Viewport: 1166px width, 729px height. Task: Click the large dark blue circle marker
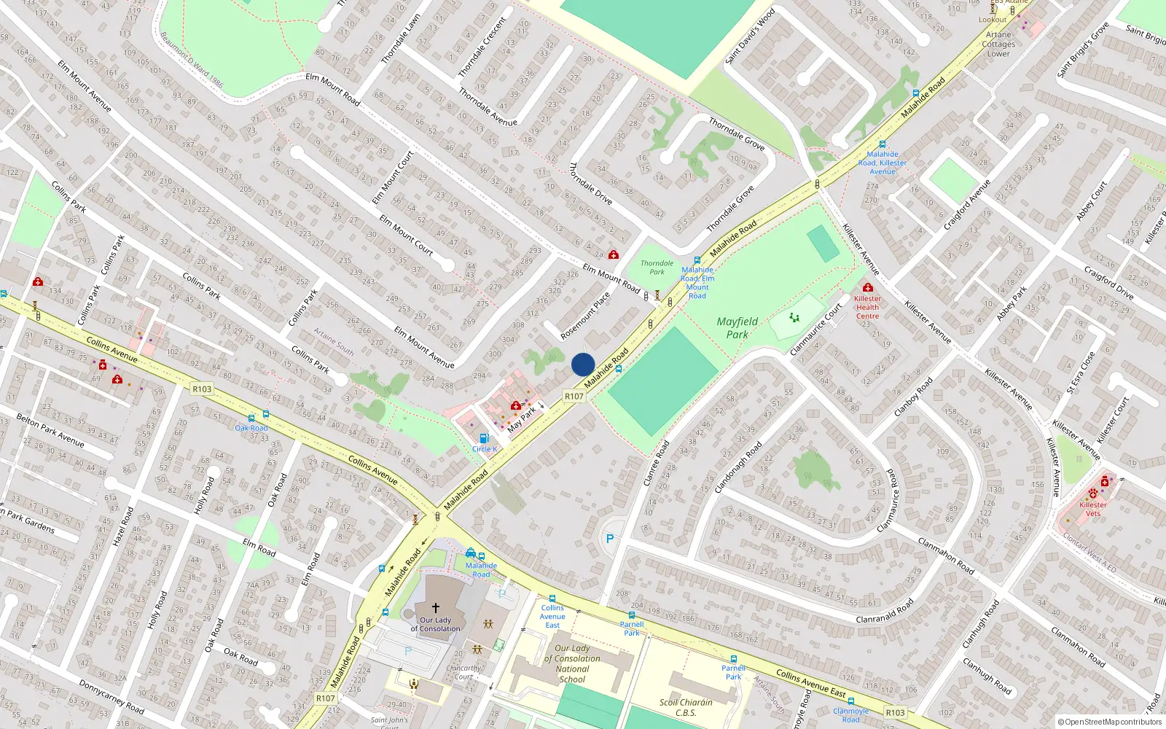(x=583, y=364)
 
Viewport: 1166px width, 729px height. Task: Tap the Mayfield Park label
(x=737, y=328)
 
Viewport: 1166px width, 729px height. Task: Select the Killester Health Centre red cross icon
(x=867, y=288)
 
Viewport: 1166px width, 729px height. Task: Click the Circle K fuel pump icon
(x=484, y=438)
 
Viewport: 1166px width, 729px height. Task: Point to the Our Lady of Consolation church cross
(x=436, y=608)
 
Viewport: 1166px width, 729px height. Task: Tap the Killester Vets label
(x=1092, y=509)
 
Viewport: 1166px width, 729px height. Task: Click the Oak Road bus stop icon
(x=251, y=418)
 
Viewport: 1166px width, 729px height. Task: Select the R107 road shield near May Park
(x=574, y=397)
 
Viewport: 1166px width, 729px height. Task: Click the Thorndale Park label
(x=657, y=268)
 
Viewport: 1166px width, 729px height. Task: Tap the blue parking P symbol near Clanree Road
(x=610, y=539)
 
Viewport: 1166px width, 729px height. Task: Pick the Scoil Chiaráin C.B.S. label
(x=686, y=708)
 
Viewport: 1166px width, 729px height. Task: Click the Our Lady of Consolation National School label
(x=573, y=663)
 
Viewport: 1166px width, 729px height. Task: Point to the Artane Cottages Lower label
(x=998, y=44)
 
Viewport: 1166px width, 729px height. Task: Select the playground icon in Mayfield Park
(x=794, y=318)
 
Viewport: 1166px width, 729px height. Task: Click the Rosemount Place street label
(x=585, y=316)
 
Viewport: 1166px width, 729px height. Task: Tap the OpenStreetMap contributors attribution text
(x=1110, y=722)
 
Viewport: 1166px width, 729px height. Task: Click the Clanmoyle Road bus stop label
(x=850, y=715)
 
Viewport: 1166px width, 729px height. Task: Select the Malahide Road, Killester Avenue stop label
(x=883, y=163)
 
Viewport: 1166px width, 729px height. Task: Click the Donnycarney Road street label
(x=111, y=697)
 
